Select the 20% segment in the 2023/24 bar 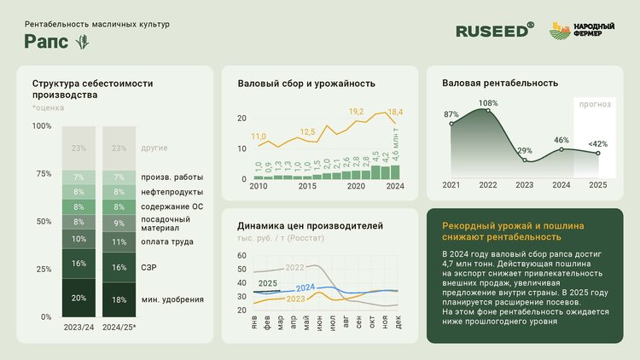point(79,299)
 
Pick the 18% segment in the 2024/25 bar point(119,299)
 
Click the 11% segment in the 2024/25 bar point(119,241)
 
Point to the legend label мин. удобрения point(172,299)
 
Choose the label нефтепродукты point(172,192)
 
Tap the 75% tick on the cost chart point(42,173)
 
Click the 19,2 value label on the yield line point(357,112)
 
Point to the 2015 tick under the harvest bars point(307,186)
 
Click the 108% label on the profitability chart point(487,103)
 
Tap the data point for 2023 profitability point(524,160)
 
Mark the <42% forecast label point(598,142)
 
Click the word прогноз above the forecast point(594,105)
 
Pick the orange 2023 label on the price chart point(296,299)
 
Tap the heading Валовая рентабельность point(500,83)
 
